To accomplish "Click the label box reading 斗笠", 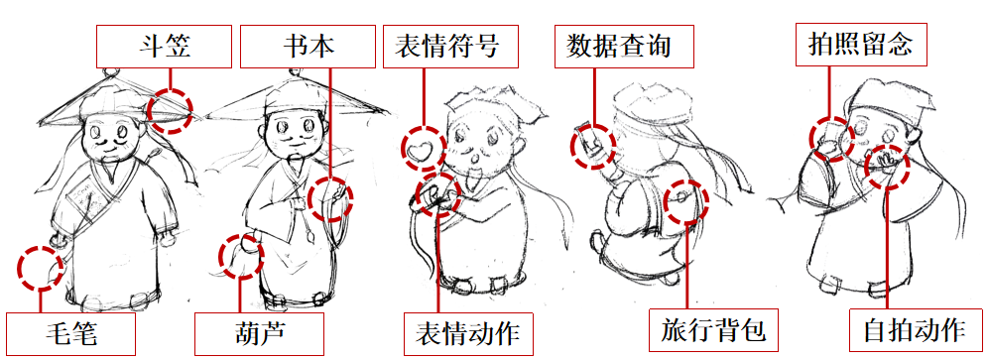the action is [165, 46].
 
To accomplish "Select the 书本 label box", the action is [309, 46].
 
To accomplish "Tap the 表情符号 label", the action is [450, 46].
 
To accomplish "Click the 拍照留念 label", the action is [860, 45].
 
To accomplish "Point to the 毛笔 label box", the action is [71, 333].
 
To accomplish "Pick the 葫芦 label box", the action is [259, 333].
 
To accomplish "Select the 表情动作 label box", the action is [467, 333].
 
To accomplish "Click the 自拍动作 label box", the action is [915, 329].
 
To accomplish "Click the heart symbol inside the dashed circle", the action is [420, 150].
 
